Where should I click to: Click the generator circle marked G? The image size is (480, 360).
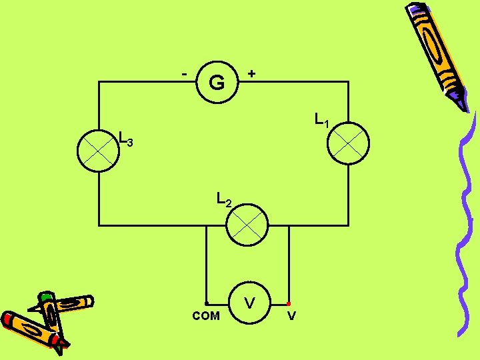[217, 83]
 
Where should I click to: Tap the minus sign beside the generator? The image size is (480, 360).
[185, 71]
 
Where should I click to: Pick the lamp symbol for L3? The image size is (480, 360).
[98, 151]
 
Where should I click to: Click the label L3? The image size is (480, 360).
[126, 139]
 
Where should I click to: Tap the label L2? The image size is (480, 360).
[224, 199]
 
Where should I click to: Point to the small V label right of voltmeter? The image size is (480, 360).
[291, 316]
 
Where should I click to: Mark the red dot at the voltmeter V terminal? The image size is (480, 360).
[289, 304]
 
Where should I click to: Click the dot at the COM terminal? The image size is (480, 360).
[207, 303]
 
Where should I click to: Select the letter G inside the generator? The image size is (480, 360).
[217, 83]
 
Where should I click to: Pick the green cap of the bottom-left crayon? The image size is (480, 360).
[45, 297]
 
